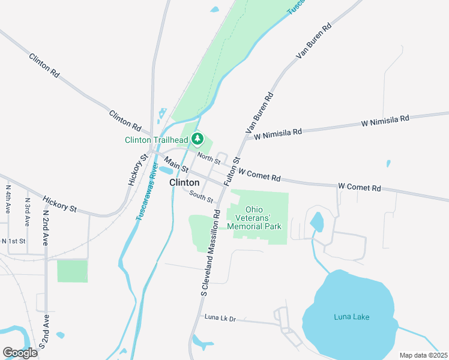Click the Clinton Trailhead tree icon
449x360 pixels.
197,140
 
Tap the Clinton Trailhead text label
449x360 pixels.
157,140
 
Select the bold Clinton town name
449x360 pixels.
184,182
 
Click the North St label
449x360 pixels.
209,158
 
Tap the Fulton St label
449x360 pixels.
232,170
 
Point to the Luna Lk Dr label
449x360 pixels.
220,316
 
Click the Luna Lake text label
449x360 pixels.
352,317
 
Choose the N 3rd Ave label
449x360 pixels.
27,211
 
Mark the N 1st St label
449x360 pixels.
14,241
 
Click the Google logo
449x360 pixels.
20,353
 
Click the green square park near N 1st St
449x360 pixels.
72,271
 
